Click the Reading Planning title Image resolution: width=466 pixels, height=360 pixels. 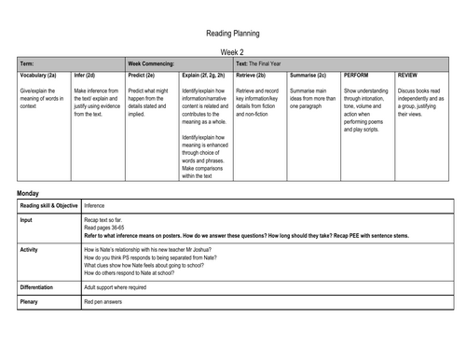coord(232,31)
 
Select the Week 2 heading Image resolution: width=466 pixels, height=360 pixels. coord(232,52)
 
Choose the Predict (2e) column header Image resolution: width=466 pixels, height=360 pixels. coord(141,73)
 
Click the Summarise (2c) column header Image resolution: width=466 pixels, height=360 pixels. coord(308,73)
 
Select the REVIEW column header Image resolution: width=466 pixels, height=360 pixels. coord(407,73)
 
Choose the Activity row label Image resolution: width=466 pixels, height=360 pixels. coord(30,250)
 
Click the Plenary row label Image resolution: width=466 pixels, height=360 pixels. coord(30,303)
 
